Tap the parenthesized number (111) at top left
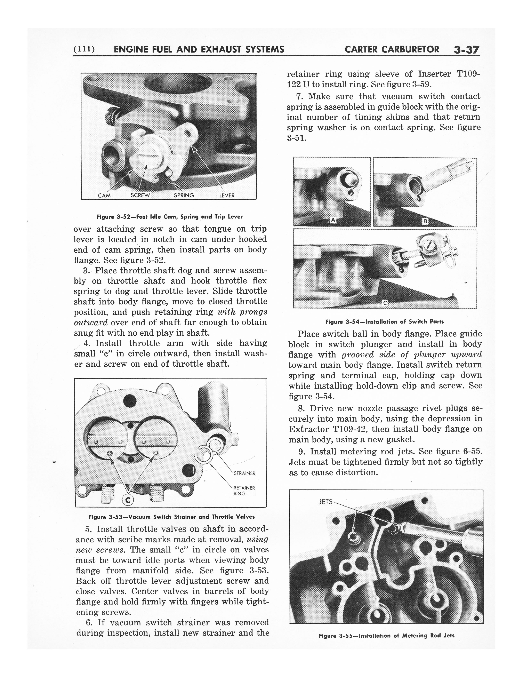(x=84, y=49)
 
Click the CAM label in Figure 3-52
(x=104, y=195)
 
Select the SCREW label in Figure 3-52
(x=140, y=195)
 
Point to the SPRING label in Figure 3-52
(x=184, y=195)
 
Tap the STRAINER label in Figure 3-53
(x=244, y=473)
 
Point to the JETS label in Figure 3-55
(x=325, y=511)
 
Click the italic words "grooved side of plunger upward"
(x=412, y=355)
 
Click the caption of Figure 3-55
(x=386, y=636)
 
